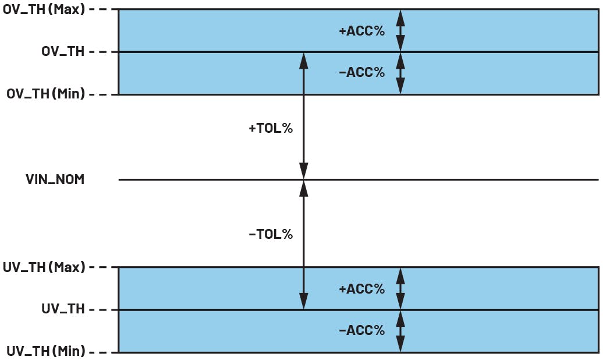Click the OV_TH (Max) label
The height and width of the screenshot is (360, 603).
click(44, 10)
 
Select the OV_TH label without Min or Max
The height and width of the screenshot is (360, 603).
click(63, 52)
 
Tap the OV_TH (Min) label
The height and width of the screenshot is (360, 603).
click(45, 94)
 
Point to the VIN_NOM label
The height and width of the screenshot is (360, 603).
click(55, 179)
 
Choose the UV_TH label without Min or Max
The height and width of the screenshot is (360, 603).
click(63, 309)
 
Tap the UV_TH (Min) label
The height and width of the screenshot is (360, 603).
click(45, 351)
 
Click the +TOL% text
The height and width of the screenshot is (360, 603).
click(270, 128)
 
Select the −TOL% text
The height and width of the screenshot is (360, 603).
click(270, 235)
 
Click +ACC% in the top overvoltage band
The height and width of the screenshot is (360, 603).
click(361, 31)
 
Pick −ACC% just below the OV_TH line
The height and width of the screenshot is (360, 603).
click(361, 73)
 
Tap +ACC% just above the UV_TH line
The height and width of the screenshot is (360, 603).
click(361, 288)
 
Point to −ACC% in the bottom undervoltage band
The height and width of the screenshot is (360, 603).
click(361, 330)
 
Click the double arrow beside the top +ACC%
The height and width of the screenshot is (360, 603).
click(400, 31)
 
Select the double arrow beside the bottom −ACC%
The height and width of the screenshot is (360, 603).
click(400, 330)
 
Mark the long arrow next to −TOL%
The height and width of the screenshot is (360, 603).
click(303, 245)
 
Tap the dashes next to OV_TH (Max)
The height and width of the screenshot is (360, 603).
click(100, 10)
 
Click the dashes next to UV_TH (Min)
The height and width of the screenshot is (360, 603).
click(100, 351)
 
